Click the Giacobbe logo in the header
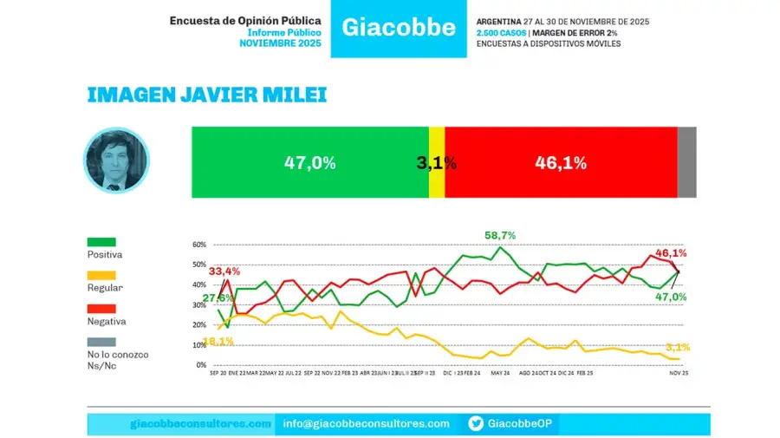click(x=399, y=28)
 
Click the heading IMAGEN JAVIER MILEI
click(x=206, y=95)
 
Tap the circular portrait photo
click(x=115, y=161)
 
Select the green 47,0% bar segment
click(x=309, y=162)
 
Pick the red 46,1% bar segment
click(x=561, y=162)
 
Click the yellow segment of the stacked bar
click(x=437, y=162)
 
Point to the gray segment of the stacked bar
click(x=686, y=162)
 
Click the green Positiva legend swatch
click(x=101, y=242)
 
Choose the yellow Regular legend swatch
click(x=101, y=275)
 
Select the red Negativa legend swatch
click(x=101, y=308)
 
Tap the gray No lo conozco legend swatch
click(x=101, y=341)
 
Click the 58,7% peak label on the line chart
click(x=500, y=235)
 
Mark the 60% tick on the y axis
click(x=199, y=245)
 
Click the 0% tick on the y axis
click(x=201, y=365)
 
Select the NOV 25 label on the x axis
click(x=678, y=374)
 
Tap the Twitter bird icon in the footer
click(x=476, y=423)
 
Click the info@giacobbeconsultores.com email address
click(x=367, y=423)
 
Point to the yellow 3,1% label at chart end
click(x=678, y=347)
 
